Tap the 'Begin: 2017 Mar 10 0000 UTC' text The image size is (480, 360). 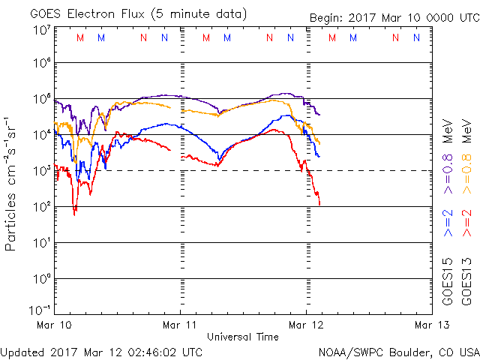[393, 18]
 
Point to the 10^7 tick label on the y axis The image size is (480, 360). [42, 30]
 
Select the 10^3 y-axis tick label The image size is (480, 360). [42, 171]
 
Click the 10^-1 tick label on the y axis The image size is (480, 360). [40, 309]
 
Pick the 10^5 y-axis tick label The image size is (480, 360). [42, 99]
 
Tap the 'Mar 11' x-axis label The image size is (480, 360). [181, 325]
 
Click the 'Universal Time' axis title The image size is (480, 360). [243, 337]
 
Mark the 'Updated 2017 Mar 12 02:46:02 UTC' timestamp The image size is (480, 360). [101, 351]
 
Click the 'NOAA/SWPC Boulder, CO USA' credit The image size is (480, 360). [398, 351]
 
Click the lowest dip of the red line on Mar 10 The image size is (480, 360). [74, 214]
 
